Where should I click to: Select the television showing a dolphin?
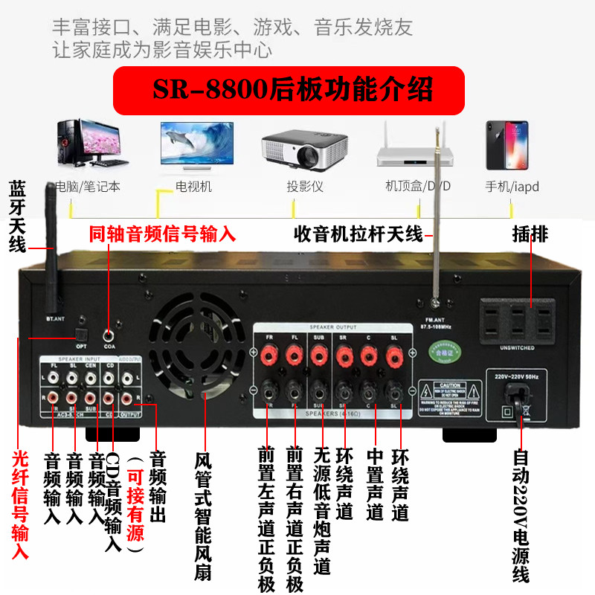point(196,145)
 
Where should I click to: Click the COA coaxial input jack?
point(110,337)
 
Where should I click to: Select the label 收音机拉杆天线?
point(358,235)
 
